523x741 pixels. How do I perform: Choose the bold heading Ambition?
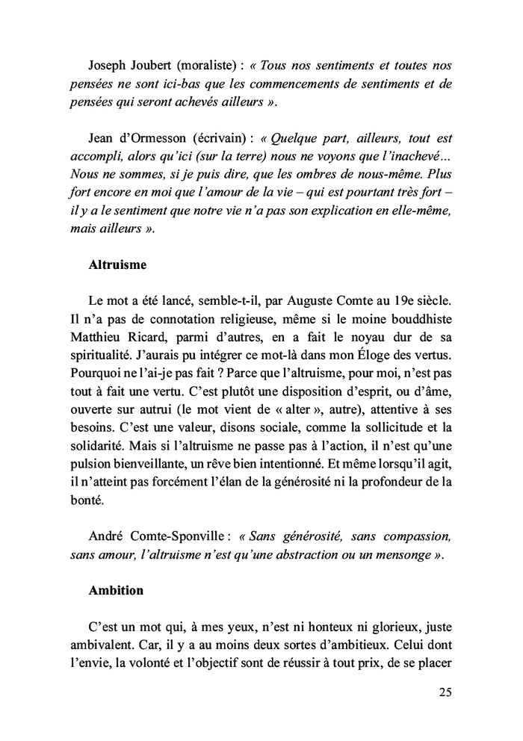(x=116, y=590)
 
